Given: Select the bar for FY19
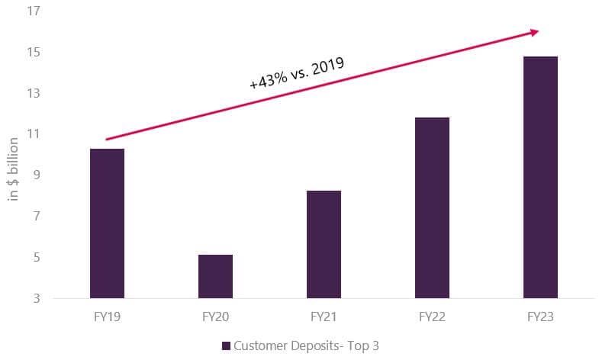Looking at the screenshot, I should pos(107,223).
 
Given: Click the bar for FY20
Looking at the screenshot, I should pos(215,276).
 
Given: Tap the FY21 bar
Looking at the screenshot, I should pos(324,244).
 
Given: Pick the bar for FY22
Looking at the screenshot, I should pos(432,207).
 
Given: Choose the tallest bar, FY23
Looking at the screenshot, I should pos(540,177).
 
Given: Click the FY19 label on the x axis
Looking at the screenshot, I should pos(107,316).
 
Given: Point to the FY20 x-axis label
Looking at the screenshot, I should pos(215,316).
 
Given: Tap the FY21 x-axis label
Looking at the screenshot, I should pos(324,316).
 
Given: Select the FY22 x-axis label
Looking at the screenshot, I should pos(432,316).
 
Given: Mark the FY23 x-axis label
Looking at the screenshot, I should pos(540,316).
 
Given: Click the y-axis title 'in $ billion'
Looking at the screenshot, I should pos(13,166).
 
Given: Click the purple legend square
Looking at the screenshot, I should pos(226,346).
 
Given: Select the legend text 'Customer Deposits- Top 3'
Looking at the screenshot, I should pos(307,346).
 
